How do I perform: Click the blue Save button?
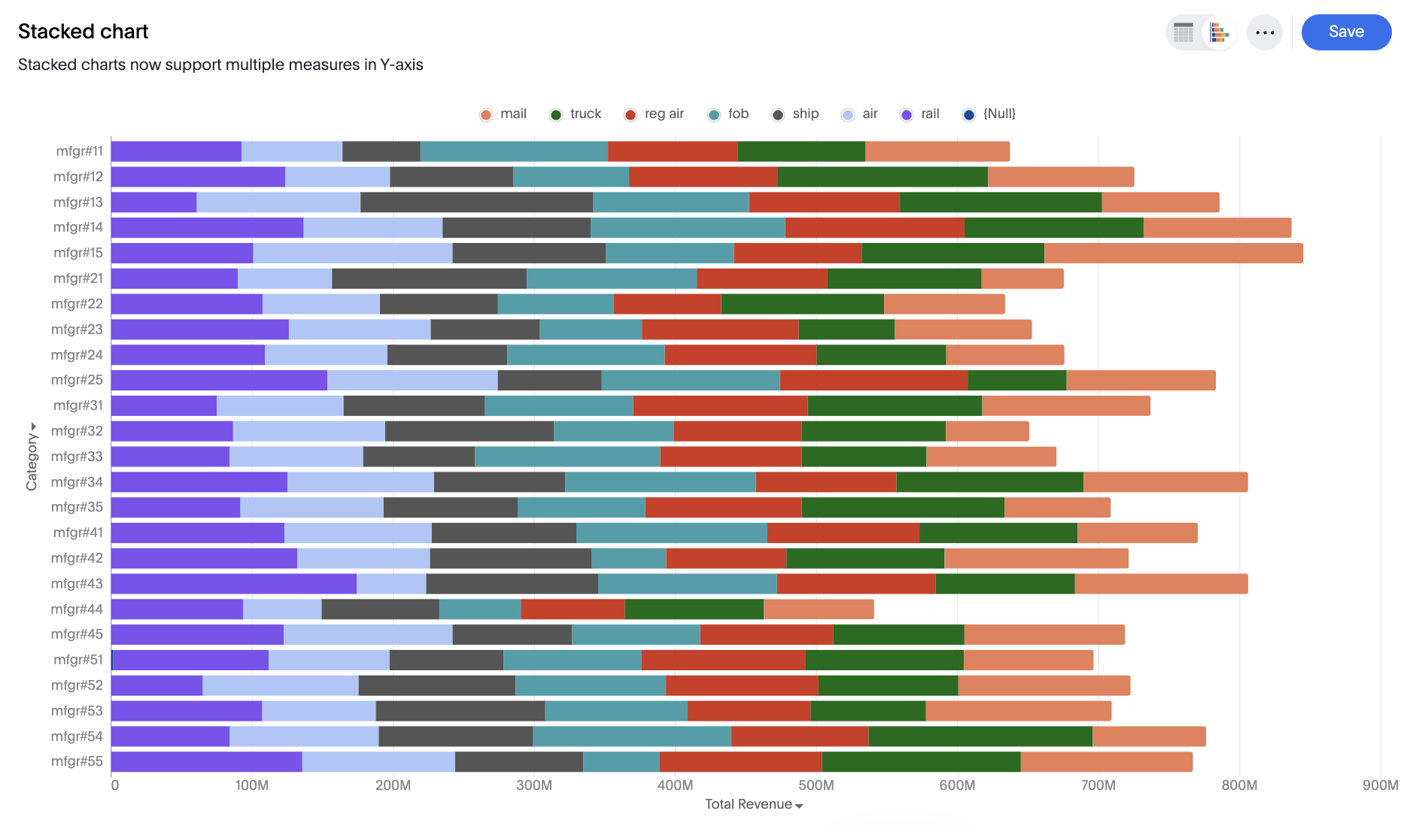1345,32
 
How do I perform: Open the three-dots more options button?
1264,32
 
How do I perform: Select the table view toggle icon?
1184,32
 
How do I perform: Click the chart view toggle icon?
1219,32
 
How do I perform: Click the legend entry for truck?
576,114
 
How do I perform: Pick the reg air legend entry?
655,114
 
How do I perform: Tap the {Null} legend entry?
990,114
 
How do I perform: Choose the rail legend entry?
921,114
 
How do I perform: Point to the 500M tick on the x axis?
816,785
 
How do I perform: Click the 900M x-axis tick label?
1380,785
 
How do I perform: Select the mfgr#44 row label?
77,609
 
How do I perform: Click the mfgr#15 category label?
78,253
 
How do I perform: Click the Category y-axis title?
32,457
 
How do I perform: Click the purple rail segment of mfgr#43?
233,584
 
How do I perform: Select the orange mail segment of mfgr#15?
1173,254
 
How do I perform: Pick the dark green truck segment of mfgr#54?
980,736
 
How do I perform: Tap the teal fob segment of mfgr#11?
513,151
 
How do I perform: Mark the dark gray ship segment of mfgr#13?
476,202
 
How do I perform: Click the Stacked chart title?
83,32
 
